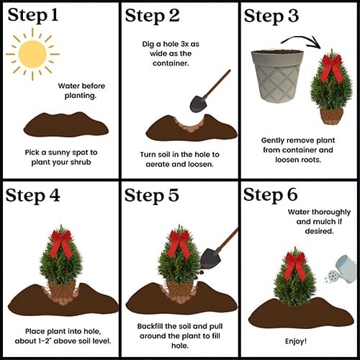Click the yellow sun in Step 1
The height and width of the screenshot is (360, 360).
[x=32, y=54]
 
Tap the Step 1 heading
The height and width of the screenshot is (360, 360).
[x=33, y=16]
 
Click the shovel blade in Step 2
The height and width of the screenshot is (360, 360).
[x=198, y=104]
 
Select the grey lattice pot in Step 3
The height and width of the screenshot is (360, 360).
[x=278, y=76]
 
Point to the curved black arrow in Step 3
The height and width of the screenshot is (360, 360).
[x=300, y=38]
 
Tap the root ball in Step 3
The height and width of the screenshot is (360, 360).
[x=331, y=115]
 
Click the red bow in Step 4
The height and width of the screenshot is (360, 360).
[x=61, y=243]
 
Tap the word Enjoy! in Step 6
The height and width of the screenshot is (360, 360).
[x=296, y=341]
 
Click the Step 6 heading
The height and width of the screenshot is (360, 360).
[x=271, y=195]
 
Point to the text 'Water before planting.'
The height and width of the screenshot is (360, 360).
[x=81, y=91]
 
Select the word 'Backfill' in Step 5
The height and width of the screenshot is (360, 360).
[x=150, y=326]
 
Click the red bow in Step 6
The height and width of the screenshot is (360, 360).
[x=295, y=266]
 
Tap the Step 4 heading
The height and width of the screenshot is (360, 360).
[x=32, y=196]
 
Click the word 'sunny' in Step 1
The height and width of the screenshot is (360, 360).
[x=59, y=153]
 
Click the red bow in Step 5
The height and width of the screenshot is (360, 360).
[x=179, y=243]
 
